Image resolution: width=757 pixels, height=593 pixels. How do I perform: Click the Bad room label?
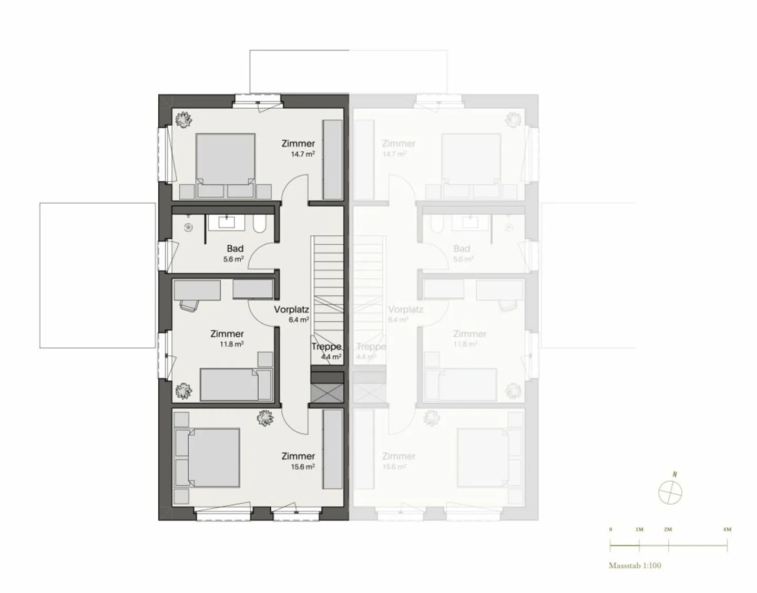[235, 248]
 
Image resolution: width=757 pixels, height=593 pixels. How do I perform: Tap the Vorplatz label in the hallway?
[291, 310]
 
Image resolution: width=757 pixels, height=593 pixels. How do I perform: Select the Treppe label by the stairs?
[326, 347]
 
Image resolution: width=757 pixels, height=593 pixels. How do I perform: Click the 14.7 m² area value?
[303, 154]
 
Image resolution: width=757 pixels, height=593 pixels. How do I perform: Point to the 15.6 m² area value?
[303, 467]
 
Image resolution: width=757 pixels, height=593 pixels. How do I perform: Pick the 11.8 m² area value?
[231, 345]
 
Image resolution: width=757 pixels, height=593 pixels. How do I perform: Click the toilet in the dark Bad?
[260, 225]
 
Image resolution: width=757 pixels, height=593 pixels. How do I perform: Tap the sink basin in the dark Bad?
[227, 222]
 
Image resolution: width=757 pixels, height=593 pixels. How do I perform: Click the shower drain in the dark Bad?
[189, 227]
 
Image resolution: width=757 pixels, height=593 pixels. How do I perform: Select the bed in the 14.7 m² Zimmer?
[226, 159]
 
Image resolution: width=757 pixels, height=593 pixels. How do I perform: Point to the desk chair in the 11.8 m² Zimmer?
[189, 304]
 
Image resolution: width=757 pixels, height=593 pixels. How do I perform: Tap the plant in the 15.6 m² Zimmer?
[265, 418]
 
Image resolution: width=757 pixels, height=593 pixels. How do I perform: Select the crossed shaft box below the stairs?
[327, 393]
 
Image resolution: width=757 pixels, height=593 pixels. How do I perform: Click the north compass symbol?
[671, 492]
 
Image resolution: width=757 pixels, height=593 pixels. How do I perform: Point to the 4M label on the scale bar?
[727, 529]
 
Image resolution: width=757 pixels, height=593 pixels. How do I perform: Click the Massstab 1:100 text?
[635, 566]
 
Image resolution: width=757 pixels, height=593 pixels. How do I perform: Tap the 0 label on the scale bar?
[610, 529]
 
